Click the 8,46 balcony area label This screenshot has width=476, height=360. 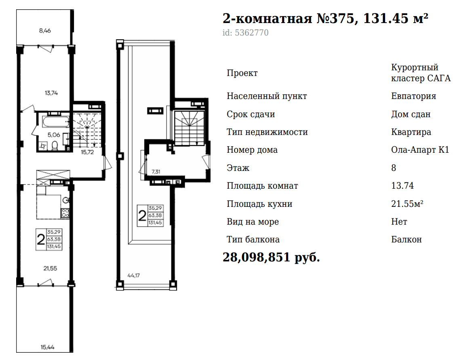click(x=45, y=30)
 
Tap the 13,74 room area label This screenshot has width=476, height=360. click(x=51, y=93)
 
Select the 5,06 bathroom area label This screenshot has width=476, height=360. click(x=54, y=135)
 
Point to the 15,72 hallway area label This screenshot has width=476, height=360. click(x=87, y=152)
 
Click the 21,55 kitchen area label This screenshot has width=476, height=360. click(x=50, y=268)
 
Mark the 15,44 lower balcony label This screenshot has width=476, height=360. click(x=48, y=347)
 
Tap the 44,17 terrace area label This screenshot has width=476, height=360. click(x=134, y=276)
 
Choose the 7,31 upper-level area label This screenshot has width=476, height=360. click(x=156, y=172)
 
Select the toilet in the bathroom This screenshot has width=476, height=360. click(x=55, y=145)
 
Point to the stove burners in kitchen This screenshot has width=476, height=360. click(x=65, y=213)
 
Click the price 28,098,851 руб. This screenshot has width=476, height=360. click(x=272, y=257)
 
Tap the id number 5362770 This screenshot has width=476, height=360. click(x=252, y=32)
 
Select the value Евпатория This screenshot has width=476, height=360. click(x=413, y=96)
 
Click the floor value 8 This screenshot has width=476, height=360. click(x=394, y=168)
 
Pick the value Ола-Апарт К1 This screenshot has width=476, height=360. click(x=420, y=150)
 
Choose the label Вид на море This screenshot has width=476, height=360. click(x=253, y=222)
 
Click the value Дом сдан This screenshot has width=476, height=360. click(x=411, y=114)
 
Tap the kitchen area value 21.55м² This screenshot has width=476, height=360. click(x=407, y=204)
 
